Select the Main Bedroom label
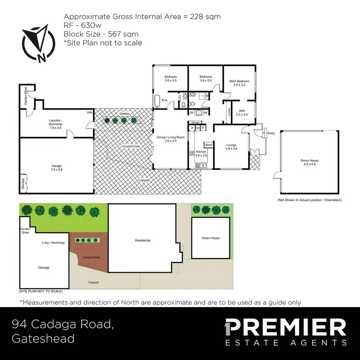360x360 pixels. click(239, 83)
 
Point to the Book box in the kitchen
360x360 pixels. click(209, 144)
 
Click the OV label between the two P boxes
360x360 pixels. click(197, 128)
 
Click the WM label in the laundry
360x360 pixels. click(89, 113)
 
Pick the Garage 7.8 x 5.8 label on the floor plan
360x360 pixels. click(57, 168)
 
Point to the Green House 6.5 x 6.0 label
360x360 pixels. click(309, 162)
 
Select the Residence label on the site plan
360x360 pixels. click(143, 240)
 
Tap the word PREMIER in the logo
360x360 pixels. click(286, 328)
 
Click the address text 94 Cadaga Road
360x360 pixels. click(63, 325)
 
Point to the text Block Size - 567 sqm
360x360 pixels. click(101, 34)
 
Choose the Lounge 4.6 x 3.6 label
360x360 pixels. click(231, 146)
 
